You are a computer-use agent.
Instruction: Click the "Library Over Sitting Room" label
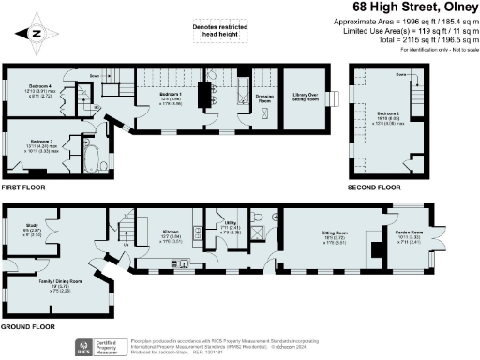pos(305,98)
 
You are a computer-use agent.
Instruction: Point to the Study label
pos(31,227)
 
